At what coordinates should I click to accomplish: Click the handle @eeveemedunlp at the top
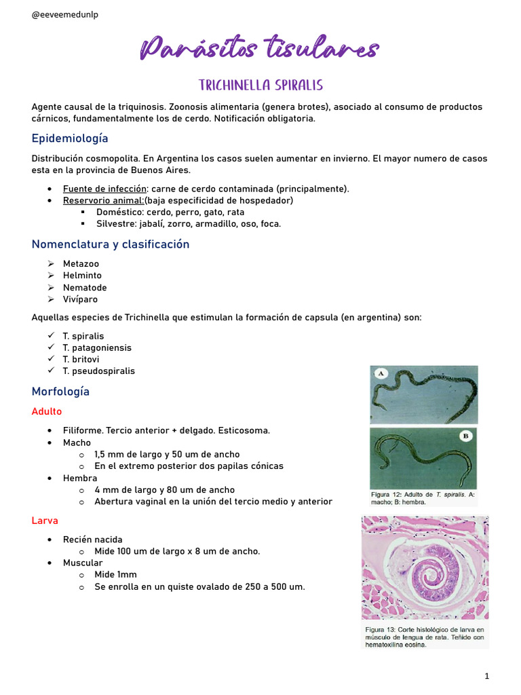(x=65, y=15)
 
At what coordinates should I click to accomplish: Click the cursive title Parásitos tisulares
(x=260, y=50)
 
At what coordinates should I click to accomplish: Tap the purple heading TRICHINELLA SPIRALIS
(x=260, y=86)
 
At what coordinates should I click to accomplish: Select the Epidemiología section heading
(x=70, y=138)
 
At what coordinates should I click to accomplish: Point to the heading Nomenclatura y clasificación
(x=111, y=244)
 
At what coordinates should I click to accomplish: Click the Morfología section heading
(x=60, y=392)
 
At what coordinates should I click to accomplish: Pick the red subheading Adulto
(x=47, y=411)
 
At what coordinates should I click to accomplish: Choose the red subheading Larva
(x=45, y=521)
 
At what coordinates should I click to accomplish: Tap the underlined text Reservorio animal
(x=103, y=200)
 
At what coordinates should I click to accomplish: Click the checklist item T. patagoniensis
(x=97, y=347)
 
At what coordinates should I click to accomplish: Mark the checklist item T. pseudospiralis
(x=98, y=371)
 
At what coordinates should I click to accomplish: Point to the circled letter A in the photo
(x=381, y=373)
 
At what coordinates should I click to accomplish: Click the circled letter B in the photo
(x=465, y=436)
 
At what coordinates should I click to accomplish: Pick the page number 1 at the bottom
(x=487, y=676)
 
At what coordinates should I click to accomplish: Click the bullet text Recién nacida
(x=93, y=540)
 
